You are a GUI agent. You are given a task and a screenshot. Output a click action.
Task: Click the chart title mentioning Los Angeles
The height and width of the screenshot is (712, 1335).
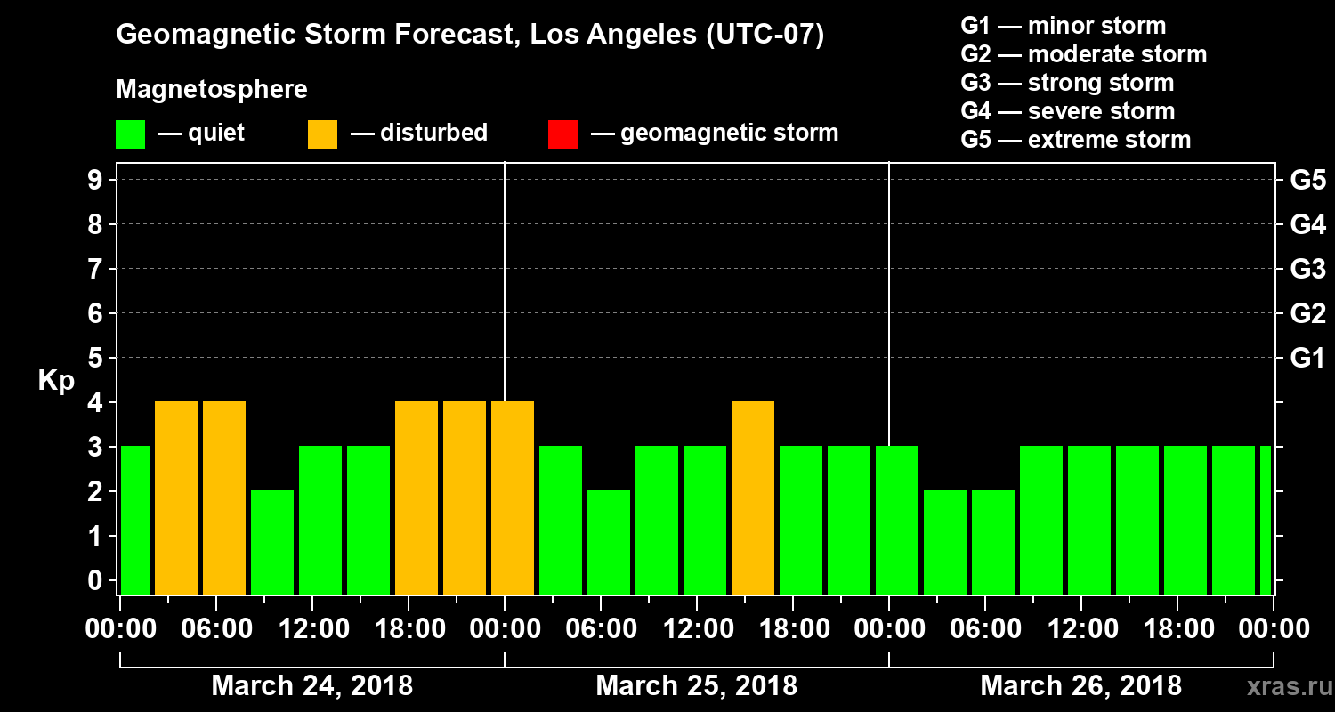tap(470, 36)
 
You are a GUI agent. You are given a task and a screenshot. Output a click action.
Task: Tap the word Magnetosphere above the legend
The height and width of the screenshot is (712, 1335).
tap(212, 90)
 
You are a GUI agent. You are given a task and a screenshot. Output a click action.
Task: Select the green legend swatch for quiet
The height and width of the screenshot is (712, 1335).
tap(130, 134)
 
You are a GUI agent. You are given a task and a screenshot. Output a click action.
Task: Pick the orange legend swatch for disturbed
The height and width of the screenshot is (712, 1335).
tap(322, 134)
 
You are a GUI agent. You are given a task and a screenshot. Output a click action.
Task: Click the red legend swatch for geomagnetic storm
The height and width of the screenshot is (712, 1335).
tap(562, 134)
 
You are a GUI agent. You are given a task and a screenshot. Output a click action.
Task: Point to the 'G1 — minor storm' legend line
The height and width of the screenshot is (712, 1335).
tap(1063, 26)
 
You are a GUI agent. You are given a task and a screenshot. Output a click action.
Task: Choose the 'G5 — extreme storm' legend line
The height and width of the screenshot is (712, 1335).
tap(1075, 140)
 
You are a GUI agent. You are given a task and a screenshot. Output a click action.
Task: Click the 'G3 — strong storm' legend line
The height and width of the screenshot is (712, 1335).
tap(1067, 83)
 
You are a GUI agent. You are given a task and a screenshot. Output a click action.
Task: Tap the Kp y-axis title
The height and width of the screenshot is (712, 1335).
tap(56, 380)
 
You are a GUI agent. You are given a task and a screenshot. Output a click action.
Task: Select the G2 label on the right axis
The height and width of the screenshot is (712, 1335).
tap(1307, 313)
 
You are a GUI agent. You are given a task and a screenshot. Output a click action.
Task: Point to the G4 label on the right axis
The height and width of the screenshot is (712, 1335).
tap(1307, 224)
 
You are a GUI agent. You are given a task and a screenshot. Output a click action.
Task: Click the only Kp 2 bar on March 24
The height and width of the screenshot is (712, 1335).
tap(272, 542)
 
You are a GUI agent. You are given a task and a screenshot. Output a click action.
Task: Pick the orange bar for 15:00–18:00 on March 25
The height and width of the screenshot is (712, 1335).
tap(753, 498)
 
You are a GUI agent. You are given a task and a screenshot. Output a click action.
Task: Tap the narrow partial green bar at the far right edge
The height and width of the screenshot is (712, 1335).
tap(1266, 520)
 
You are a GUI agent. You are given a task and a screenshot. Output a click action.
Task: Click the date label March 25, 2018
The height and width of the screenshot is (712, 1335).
tap(696, 686)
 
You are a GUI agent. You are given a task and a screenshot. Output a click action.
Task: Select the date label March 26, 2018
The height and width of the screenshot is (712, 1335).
tap(1080, 686)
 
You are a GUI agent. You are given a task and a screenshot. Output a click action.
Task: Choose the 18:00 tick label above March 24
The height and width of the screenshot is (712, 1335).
tap(409, 629)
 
